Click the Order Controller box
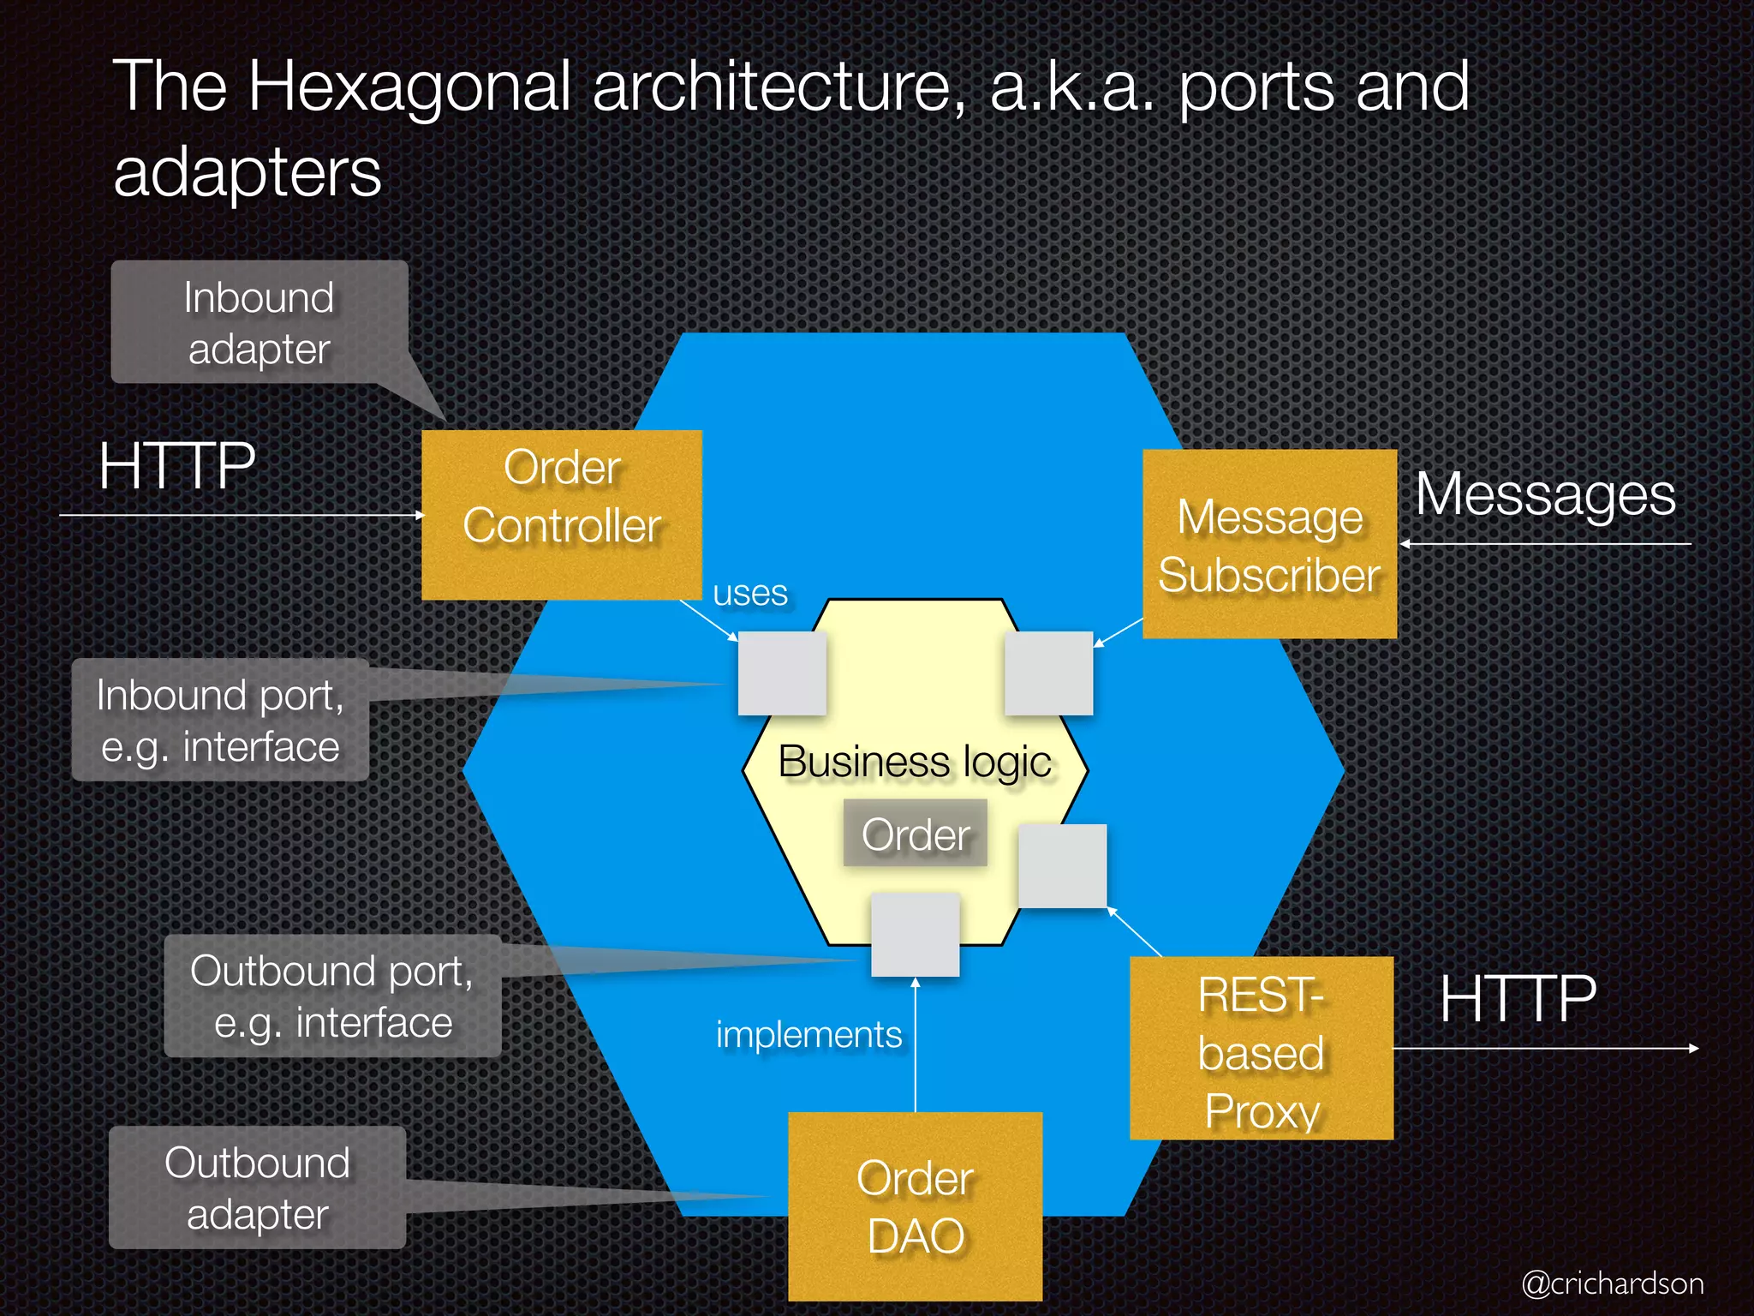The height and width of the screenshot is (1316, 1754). point(562,514)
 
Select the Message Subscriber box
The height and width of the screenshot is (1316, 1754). point(1269,544)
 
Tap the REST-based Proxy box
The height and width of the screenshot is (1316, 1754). point(1261,1048)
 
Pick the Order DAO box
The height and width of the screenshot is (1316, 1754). point(915,1206)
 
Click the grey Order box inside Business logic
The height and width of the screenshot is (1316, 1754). point(915,834)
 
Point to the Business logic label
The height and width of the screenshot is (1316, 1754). point(915,762)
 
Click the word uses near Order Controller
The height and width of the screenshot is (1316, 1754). point(750,593)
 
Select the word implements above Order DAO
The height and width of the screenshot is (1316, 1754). point(808,1035)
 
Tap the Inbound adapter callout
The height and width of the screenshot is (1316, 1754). point(259,322)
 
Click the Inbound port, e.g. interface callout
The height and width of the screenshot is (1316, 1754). point(220,720)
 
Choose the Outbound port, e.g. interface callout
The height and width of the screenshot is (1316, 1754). point(332,996)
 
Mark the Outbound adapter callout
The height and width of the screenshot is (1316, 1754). point(257,1187)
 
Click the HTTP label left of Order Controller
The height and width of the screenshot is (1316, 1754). point(177,467)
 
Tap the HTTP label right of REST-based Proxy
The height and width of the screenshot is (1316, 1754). point(1518,999)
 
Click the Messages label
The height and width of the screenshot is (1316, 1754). point(1545,495)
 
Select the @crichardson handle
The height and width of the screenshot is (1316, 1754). point(1612,1283)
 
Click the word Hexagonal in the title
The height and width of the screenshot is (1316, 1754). point(409,87)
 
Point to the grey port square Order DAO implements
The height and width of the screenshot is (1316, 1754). point(915,935)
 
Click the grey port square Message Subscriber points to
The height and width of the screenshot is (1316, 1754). point(1048,673)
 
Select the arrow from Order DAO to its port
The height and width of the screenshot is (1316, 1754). point(916,1045)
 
